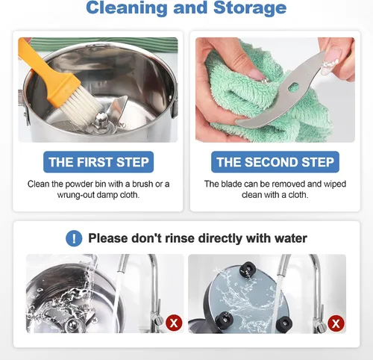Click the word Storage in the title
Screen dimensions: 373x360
pos(250,7)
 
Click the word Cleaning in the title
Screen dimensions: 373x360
pos(127,7)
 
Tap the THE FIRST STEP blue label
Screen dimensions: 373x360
pos(98,162)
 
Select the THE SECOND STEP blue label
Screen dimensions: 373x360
pos(275,162)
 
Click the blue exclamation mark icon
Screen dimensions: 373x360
pos(74,238)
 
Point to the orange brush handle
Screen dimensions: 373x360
pos(47,70)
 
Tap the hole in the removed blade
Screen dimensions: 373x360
pos(292,87)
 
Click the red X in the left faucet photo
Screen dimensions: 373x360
pos(174,323)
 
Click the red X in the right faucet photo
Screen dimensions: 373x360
pos(336,323)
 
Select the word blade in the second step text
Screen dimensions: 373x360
pos(232,184)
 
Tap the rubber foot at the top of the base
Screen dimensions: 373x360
pos(248,270)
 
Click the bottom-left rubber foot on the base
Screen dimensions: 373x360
pos(225,320)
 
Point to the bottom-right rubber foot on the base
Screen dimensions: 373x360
pos(284,323)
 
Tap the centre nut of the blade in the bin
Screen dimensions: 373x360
pos(101,118)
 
